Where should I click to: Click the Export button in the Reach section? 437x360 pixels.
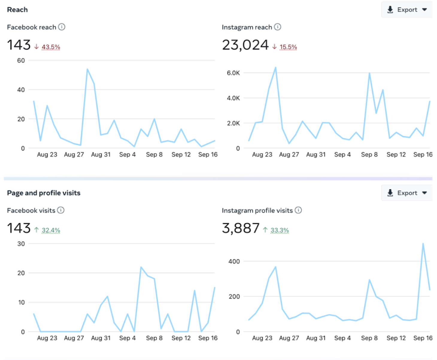click(407, 10)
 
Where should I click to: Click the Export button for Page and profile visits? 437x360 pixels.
click(407, 193)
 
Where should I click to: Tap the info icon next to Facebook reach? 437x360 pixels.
click(62, 27)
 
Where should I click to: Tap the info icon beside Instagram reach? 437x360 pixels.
click(277, 27)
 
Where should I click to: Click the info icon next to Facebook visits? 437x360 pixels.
click(61, 210)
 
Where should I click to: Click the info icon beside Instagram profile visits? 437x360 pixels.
click(298, 210)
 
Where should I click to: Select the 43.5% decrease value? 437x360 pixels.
click(51, 47)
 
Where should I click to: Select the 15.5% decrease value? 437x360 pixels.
click(288, 47)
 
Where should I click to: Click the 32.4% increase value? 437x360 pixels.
click(51, 230)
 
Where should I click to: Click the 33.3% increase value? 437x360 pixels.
click(280, 230)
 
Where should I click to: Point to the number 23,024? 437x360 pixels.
click(245, 45)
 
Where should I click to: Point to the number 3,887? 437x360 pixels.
click(241, 228)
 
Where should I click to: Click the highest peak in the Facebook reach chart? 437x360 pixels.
click(87, 69)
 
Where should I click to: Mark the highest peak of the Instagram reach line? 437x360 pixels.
click(275, 67)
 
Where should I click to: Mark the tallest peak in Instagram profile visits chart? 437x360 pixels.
click(423, 243)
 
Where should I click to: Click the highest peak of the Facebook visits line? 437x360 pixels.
click(141, 267)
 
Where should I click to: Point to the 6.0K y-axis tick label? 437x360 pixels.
click(233, 73)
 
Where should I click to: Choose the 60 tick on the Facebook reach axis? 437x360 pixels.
click(21, 60)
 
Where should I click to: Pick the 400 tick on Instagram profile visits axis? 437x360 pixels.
click(234, 261)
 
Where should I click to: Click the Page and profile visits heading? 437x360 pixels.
click(44, 193)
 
